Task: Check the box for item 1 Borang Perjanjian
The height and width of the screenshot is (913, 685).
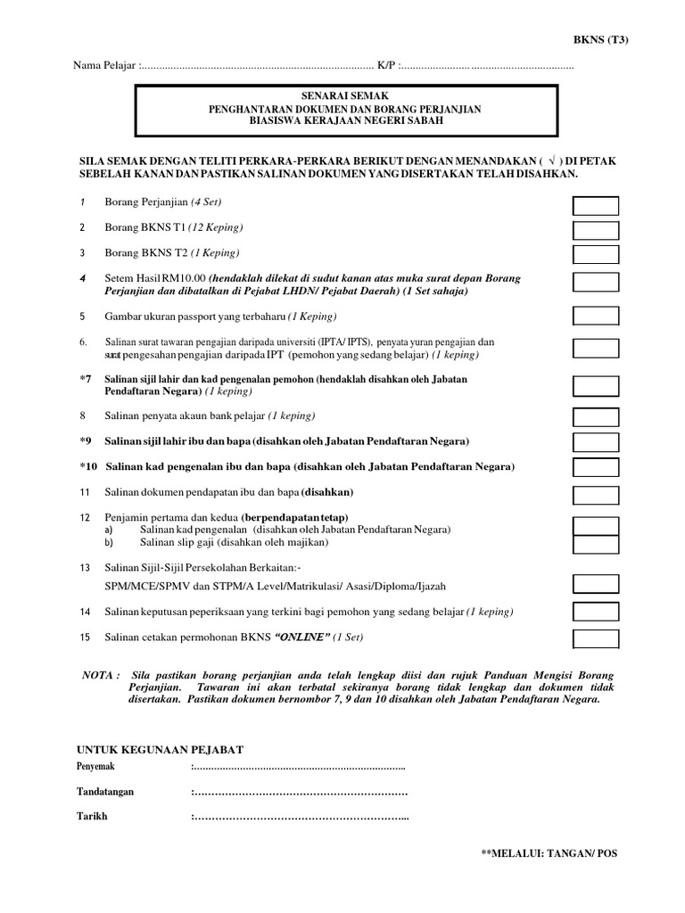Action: click(595, 207)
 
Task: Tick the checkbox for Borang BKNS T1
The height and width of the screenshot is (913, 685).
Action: click(595, 230)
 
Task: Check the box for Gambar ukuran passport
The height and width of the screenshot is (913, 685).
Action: click(595, 317)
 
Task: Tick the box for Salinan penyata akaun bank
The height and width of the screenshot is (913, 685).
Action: click(595, 417)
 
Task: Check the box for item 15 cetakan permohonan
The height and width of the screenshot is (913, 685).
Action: click(595, 638)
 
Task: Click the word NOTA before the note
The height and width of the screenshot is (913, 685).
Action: click(98, 676)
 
